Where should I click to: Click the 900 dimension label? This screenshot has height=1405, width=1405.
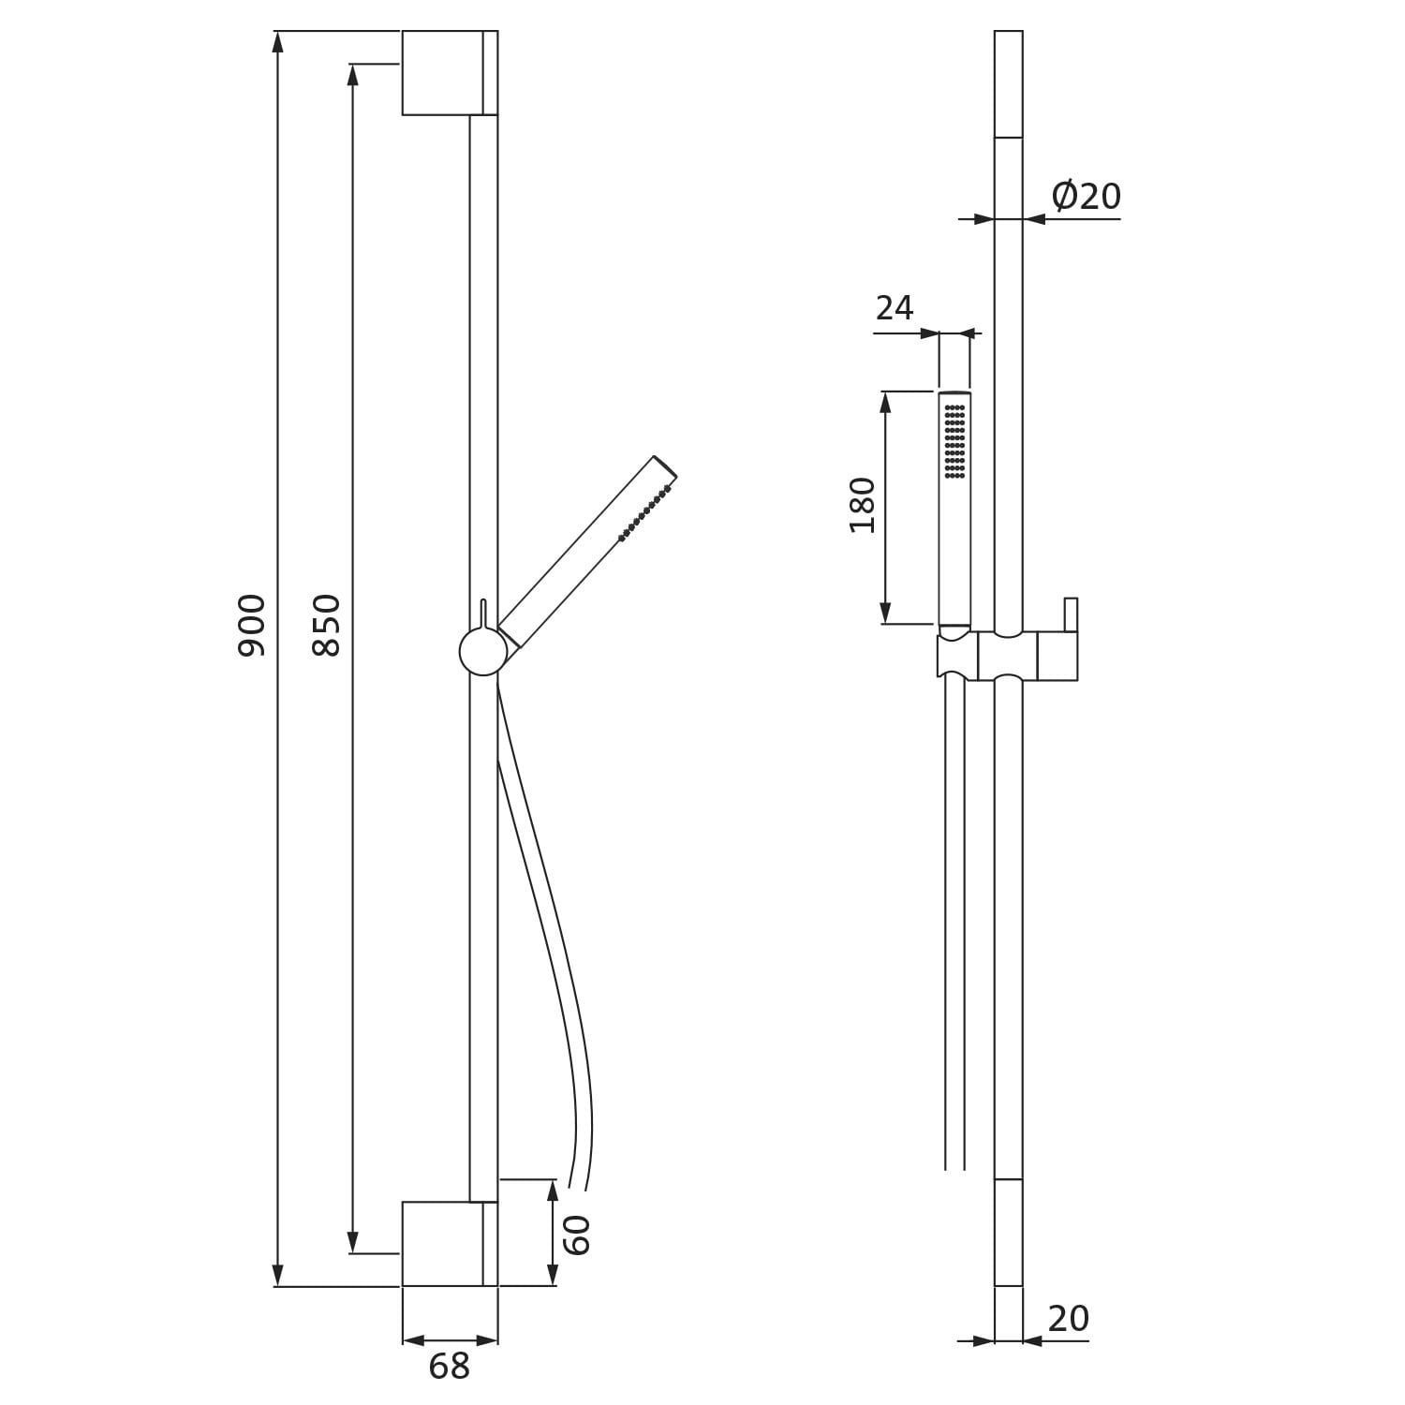pos(251,625)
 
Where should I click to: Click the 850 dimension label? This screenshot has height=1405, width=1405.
pos(327,625)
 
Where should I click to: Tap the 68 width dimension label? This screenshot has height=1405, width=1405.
pos(449,1368)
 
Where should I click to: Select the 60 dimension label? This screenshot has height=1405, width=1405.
pos(577,1235)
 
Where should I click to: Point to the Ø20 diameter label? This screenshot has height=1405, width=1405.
pos(1086,196)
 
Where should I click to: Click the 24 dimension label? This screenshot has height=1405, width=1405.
pos(895,307)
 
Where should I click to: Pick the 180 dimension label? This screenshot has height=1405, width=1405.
pos(863,506)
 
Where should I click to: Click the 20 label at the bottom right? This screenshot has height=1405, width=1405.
pos(1069,1319)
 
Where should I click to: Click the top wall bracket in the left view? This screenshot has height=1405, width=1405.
pos(450,73)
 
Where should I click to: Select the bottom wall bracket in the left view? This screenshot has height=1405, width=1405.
pos(450,1244)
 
